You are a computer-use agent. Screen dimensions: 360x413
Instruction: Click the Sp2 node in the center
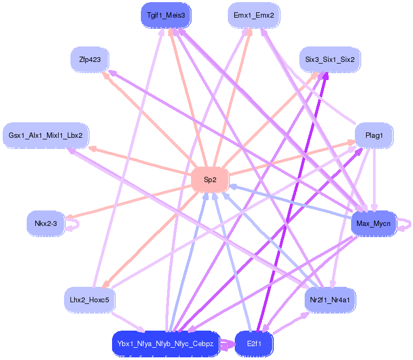pyautogui.click(x=210, y=179)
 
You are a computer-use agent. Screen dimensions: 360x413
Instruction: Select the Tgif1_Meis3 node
pyautogui.click(x=166, y=15)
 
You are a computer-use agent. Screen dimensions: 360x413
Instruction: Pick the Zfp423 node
pyautogui.click(x=90, y=59)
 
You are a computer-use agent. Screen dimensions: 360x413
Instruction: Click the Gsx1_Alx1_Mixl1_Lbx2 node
pyautogui.click(x=46, y=136)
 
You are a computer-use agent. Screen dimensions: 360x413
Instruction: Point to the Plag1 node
pyautogui.click(x=374, y=136)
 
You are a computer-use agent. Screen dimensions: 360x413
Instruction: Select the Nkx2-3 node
pyautogui.click(x=45, y=223)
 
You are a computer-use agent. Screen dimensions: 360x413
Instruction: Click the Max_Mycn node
pyautogui.click(x=374, y=223)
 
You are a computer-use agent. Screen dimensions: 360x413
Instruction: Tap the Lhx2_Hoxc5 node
pyautogui.click(x=90, y=300)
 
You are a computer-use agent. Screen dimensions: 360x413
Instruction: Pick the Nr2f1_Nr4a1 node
pyautogui.click(x=330, y=300)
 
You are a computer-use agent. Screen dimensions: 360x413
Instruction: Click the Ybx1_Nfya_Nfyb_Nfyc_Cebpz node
pyautogui.click(x=166, y=344)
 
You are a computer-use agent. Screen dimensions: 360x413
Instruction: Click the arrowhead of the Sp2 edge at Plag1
pyautogui.click(x=352, y=143)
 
